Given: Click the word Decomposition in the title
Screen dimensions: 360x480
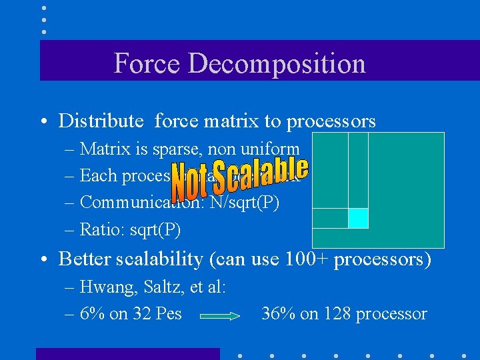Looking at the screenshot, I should click(x=277, y=63).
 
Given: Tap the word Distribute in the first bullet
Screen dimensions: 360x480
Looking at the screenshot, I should click(x=101, y=121).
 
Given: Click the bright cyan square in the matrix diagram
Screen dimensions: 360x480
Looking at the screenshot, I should click(x=359, y=218).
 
